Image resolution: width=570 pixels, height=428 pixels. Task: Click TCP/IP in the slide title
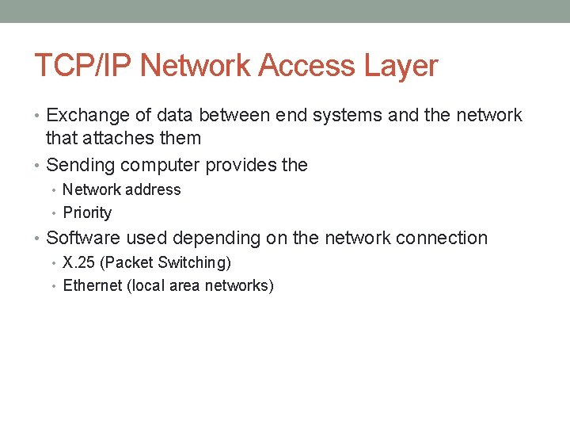[x=74, y=65]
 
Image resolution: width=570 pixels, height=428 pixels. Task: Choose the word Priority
[x=87, y=212]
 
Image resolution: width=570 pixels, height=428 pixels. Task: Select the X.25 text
[x=79, y=262]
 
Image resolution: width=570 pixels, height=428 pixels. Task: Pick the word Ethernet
[x=91, y=285]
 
